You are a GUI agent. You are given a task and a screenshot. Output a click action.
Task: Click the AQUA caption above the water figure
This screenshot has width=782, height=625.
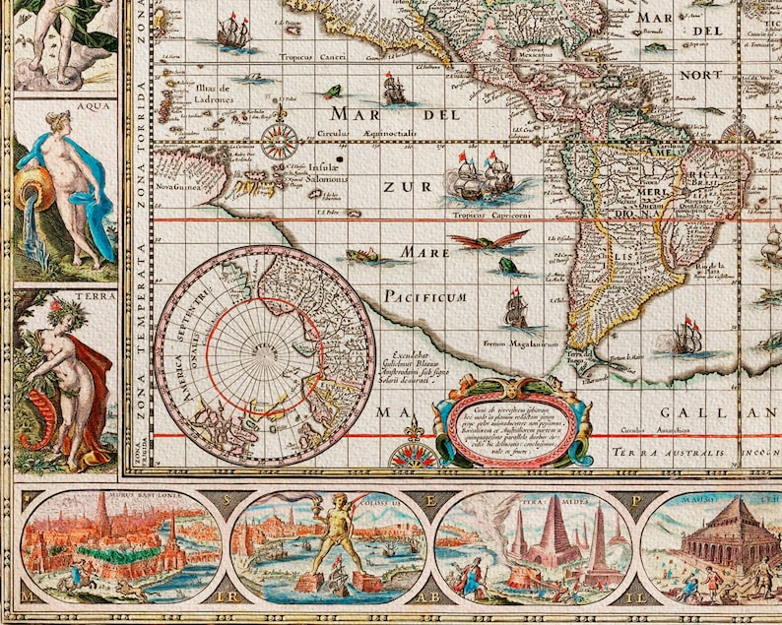[x=65, y=103]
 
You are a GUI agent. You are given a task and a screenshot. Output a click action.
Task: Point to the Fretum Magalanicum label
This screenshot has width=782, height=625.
[x=521, y=344]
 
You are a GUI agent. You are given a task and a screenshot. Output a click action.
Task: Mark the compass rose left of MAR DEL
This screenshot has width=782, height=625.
[x=280, y=140]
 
